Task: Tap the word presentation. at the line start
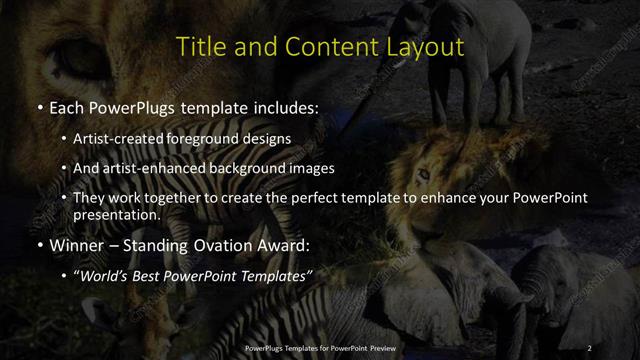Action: (116, 214)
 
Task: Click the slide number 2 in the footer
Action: (589, 347)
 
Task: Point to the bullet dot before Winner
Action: (40, 245)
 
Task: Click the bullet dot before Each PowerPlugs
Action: (40, 106)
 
